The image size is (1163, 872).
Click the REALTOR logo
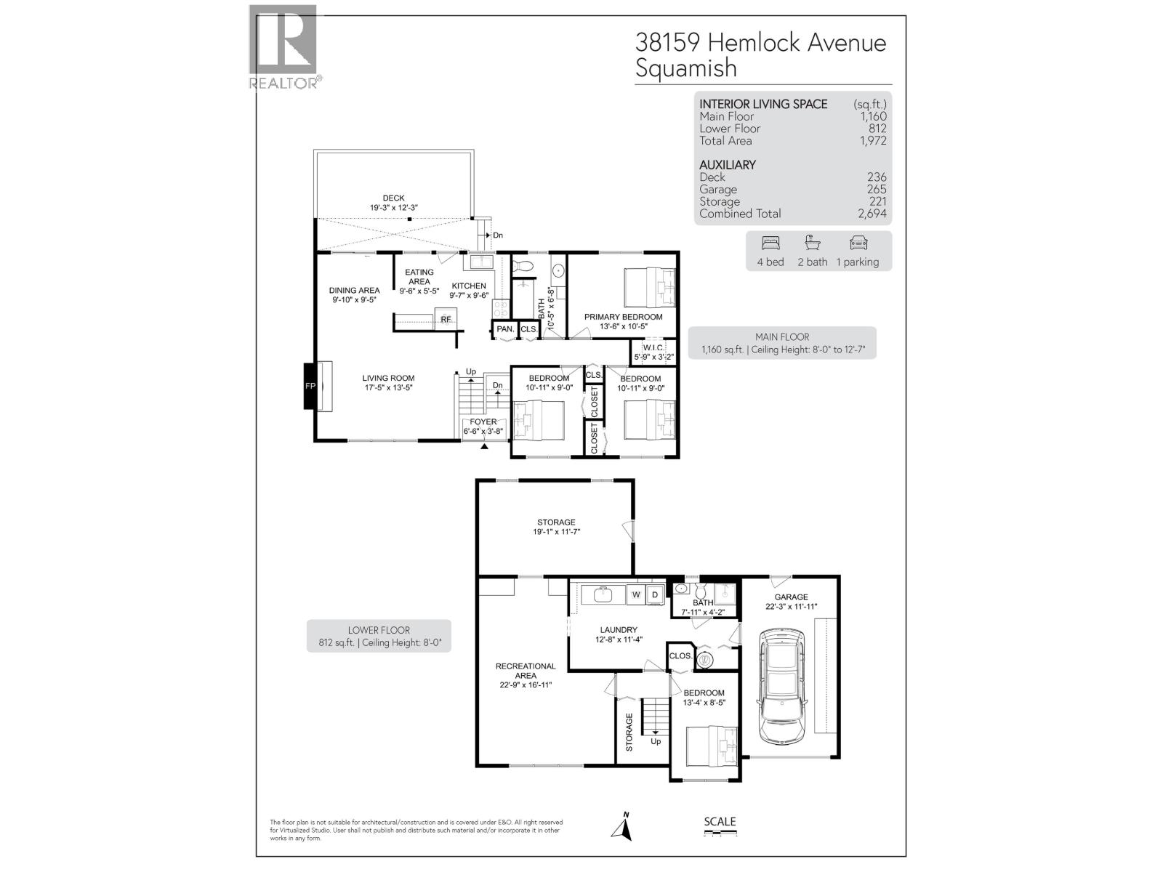point(283,47)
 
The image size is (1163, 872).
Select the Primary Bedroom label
point(623,317)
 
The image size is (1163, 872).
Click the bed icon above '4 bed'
point(770,243)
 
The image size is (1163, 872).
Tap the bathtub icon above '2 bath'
point(811,243)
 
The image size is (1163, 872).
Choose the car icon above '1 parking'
point(858,243)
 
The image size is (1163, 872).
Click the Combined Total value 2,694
point(872,214)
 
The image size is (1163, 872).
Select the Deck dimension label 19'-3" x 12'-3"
point(393,207)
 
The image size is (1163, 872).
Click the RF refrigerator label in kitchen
point(446,319)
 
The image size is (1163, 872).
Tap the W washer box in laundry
point(636,594)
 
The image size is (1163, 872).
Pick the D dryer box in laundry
point(654,594)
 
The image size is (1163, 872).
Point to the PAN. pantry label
point(505,329)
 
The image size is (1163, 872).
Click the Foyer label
point(483,421)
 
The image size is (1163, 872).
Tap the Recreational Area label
point(526,671)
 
